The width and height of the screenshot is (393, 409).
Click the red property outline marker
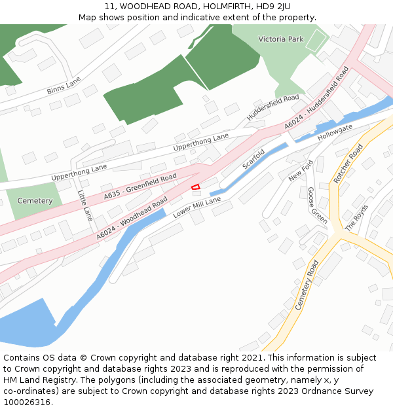pos(195,187)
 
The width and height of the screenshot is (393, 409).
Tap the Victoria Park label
pos(281,39)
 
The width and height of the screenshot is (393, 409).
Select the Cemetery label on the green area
pos(35,201)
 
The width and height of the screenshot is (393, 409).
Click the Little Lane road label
pos(85,205)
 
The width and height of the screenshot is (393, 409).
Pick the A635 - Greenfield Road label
pos(140,187)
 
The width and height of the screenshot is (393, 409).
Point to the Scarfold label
pos(253,159)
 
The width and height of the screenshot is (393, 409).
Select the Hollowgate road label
pos(335,132)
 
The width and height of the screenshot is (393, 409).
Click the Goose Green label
pos(318,205)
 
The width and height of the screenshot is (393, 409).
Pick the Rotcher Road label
pos(348,164)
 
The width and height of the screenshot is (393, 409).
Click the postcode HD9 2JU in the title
pos(277,7)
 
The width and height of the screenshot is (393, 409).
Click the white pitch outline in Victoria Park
pos(316,41)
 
